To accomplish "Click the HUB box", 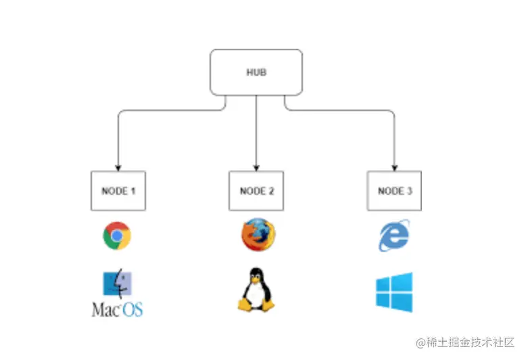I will click(x=256, y=72).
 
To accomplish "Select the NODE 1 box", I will click(x=118, y=191).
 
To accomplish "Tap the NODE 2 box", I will click(x=256, y=191).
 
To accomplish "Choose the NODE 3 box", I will click(x=394, y=191).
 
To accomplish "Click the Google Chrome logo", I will click(x=117, y=235).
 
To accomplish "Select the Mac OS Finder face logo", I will click(x=117, y=286).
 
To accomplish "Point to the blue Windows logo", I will click(x=394, y=292).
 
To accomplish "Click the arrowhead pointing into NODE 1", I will click(x=118, y=167).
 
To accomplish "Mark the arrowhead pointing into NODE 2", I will click(x=256, y=167).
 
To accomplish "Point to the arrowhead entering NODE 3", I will click(x=394, y=167).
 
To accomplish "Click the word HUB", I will click(x=256, y=72).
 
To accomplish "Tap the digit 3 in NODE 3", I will click(x=409, y=191).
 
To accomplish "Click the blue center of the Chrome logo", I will click(x=117, y=235).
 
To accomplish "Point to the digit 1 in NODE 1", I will click(x=133, y=191).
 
